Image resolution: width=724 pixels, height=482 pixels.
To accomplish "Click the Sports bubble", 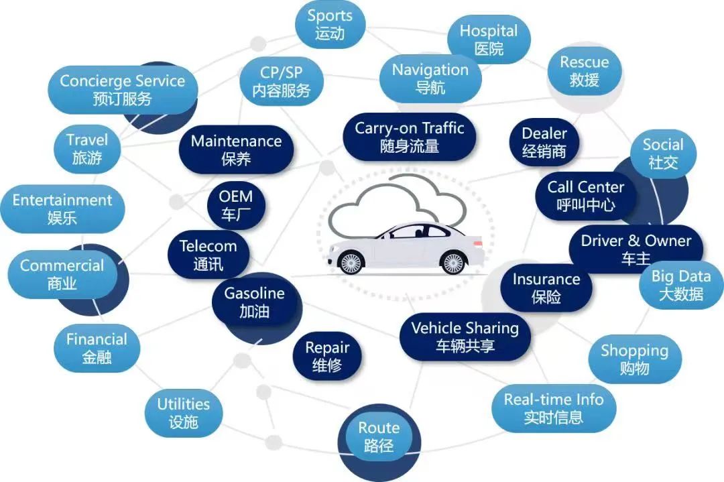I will point(330,25).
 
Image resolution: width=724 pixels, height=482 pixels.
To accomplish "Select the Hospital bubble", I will point(489,40).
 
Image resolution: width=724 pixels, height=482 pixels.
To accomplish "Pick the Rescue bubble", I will point(585,71).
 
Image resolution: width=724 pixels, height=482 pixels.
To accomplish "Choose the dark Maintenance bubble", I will point(236,149).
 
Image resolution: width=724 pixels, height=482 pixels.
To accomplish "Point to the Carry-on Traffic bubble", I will point(409,137).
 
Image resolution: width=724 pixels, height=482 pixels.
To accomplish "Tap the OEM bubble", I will point(236,205).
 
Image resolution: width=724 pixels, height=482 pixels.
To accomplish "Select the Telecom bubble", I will point(208,255).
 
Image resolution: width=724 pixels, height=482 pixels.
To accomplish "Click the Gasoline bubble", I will point(254,302).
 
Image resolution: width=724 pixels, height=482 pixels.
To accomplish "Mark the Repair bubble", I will point(327,356).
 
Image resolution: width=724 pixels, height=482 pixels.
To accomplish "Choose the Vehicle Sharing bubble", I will point(465,337).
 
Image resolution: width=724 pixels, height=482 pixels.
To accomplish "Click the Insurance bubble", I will point(546,288).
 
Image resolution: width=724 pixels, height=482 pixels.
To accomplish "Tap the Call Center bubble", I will point(585,196).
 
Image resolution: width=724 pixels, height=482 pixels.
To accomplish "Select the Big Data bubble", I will point(681,285).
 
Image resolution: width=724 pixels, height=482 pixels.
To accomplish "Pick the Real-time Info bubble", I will point(553,408).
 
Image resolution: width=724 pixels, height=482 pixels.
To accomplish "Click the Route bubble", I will point(379,436).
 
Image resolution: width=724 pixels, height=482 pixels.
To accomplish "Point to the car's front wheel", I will point(351,263).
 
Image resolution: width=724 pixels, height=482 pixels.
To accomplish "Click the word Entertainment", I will point(62,200).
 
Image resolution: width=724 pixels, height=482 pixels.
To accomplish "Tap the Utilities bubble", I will point(184,412).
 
